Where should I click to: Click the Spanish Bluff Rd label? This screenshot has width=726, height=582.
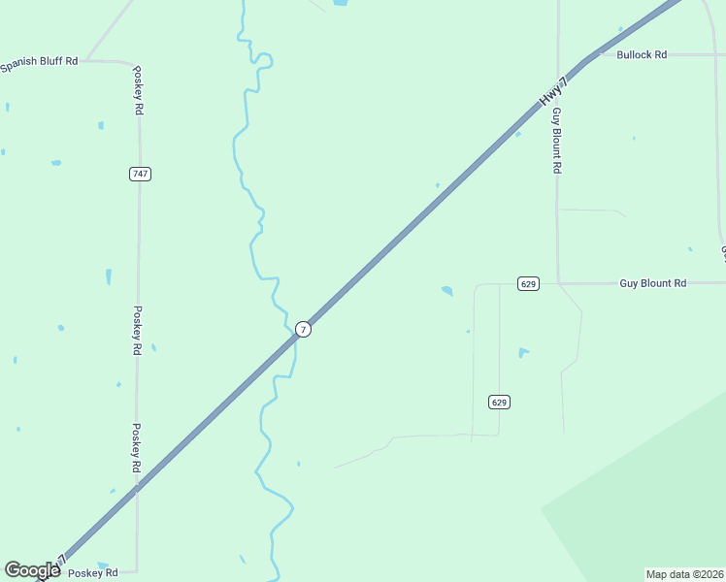tap(39, 62)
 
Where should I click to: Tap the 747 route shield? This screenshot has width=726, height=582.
tap(140, 174)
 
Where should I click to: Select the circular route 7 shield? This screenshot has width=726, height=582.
tap(304, 330)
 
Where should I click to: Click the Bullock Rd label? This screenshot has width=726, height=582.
tap(642, 55)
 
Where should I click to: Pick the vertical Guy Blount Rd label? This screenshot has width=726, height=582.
tap(557, 141)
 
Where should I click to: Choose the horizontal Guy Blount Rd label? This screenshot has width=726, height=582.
tap(653, 283)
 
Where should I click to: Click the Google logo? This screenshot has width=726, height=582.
tap(33, 570)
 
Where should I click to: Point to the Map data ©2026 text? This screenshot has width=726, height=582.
tap(685, 574)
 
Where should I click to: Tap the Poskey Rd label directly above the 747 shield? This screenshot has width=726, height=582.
tap(138, 90)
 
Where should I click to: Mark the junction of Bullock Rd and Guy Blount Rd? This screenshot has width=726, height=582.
tap(558, 55)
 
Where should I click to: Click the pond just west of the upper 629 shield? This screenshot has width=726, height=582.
tap(446, 290)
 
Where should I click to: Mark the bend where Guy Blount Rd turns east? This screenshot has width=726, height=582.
tap(560, 283)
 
